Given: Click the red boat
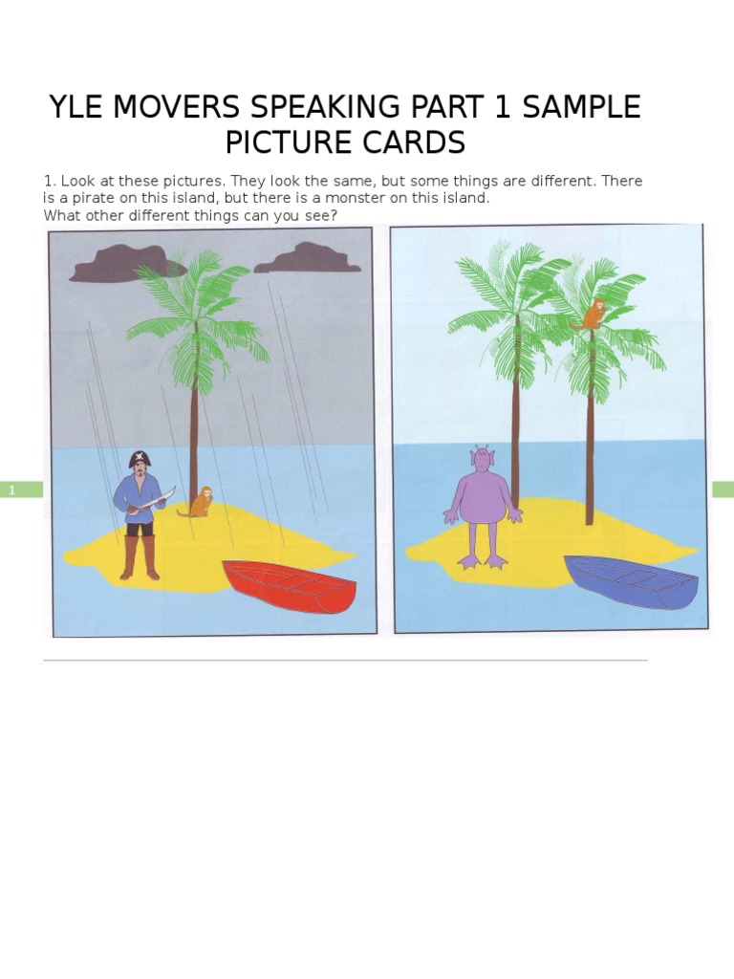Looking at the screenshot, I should coord(291,586).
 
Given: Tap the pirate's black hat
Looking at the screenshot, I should coord(140,460).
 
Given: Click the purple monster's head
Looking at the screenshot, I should coord(483,460).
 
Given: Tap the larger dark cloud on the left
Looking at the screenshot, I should coord(116,262).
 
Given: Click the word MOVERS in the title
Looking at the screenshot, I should coord(194,107).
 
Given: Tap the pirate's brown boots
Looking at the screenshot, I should coord(140,558).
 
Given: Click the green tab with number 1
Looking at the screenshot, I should coord(22,489).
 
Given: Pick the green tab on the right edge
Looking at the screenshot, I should coord(723,489).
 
